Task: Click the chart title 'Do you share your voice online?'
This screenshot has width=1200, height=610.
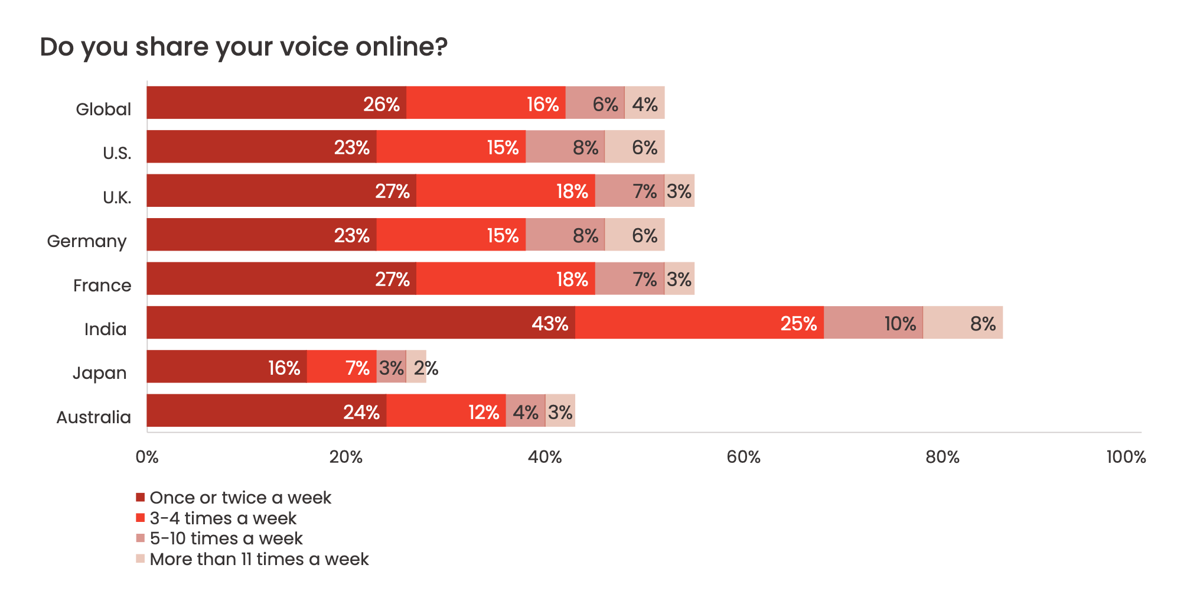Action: pos(243,47)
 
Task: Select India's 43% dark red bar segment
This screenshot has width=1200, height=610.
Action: pos(361,323)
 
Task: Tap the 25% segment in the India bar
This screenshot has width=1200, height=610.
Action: pos(699,323)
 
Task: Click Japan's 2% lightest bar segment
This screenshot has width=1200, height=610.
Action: pos(416,366)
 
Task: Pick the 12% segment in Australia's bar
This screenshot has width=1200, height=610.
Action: pos(446,411)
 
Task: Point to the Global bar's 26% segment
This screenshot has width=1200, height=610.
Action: pos(276,103)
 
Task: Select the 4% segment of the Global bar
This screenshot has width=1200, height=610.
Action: pos(644,103)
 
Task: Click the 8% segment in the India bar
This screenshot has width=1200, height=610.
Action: pos(963,323)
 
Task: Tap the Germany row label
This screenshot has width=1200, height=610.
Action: pos(87,241)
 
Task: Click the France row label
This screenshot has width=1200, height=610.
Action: pos(102,285)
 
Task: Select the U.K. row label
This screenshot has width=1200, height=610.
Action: pos(117,197)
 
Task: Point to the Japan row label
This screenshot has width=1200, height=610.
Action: pos(100,373)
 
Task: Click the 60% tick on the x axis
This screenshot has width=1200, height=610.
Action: pos(744,457)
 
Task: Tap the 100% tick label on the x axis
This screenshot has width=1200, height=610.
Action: pos(1126,457)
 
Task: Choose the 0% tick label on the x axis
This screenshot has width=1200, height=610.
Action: pos(147,457)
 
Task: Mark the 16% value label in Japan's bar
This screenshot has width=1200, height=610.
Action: pos(284,368)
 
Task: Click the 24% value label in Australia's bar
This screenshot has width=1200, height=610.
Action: pos(361,412)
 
